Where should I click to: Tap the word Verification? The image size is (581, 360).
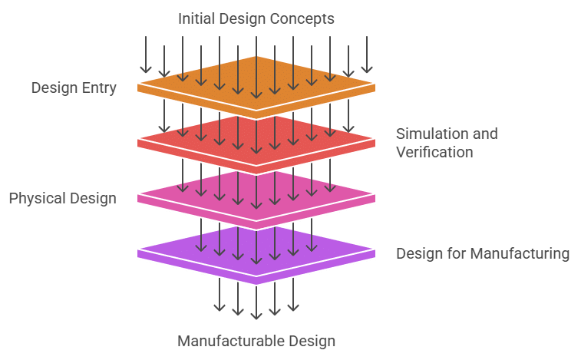click(434, 152)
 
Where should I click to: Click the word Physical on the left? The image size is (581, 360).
click(35, 199)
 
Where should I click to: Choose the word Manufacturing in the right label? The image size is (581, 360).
click(523, 254)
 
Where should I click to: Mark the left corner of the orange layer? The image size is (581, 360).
click(139, 87)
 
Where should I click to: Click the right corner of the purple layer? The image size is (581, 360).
click(375, 253)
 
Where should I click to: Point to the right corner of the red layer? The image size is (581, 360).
click(375, 142)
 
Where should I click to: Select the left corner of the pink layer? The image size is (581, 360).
click(139, 198)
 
